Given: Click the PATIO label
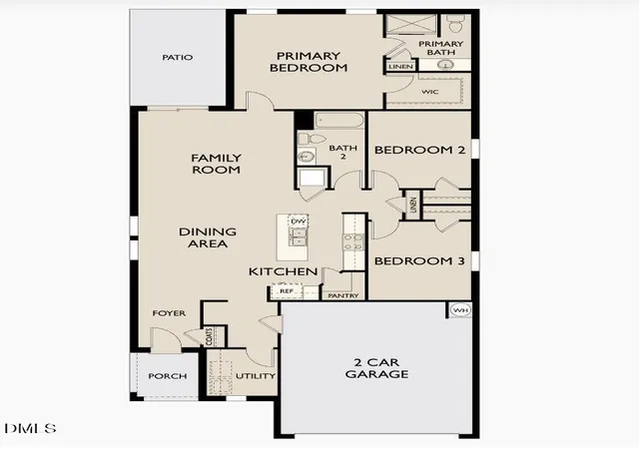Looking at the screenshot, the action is [178, 58].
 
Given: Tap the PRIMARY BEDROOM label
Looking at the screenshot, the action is [309, 62].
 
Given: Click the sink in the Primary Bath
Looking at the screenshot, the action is [444, 65].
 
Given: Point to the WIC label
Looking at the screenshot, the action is [430, 92].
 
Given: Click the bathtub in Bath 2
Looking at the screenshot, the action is [339, 120].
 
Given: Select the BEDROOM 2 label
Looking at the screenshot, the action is [419, 150].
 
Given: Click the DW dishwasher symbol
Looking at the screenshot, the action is [299, 222].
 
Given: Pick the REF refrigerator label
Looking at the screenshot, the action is [287, 291].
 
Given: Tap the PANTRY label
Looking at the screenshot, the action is [343, 295].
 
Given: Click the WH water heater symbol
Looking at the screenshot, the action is [460, 310].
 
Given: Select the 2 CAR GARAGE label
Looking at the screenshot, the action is [377, 368].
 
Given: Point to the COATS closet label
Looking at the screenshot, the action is [210, 337].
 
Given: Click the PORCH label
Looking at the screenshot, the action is [168, 376].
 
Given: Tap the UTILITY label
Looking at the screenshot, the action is [256, 375].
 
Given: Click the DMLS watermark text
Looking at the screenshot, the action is [30, 428].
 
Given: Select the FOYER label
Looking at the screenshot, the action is [169, 313].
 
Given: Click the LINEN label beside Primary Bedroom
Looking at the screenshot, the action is [401, 67].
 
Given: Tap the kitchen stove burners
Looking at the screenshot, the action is [353, 241].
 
